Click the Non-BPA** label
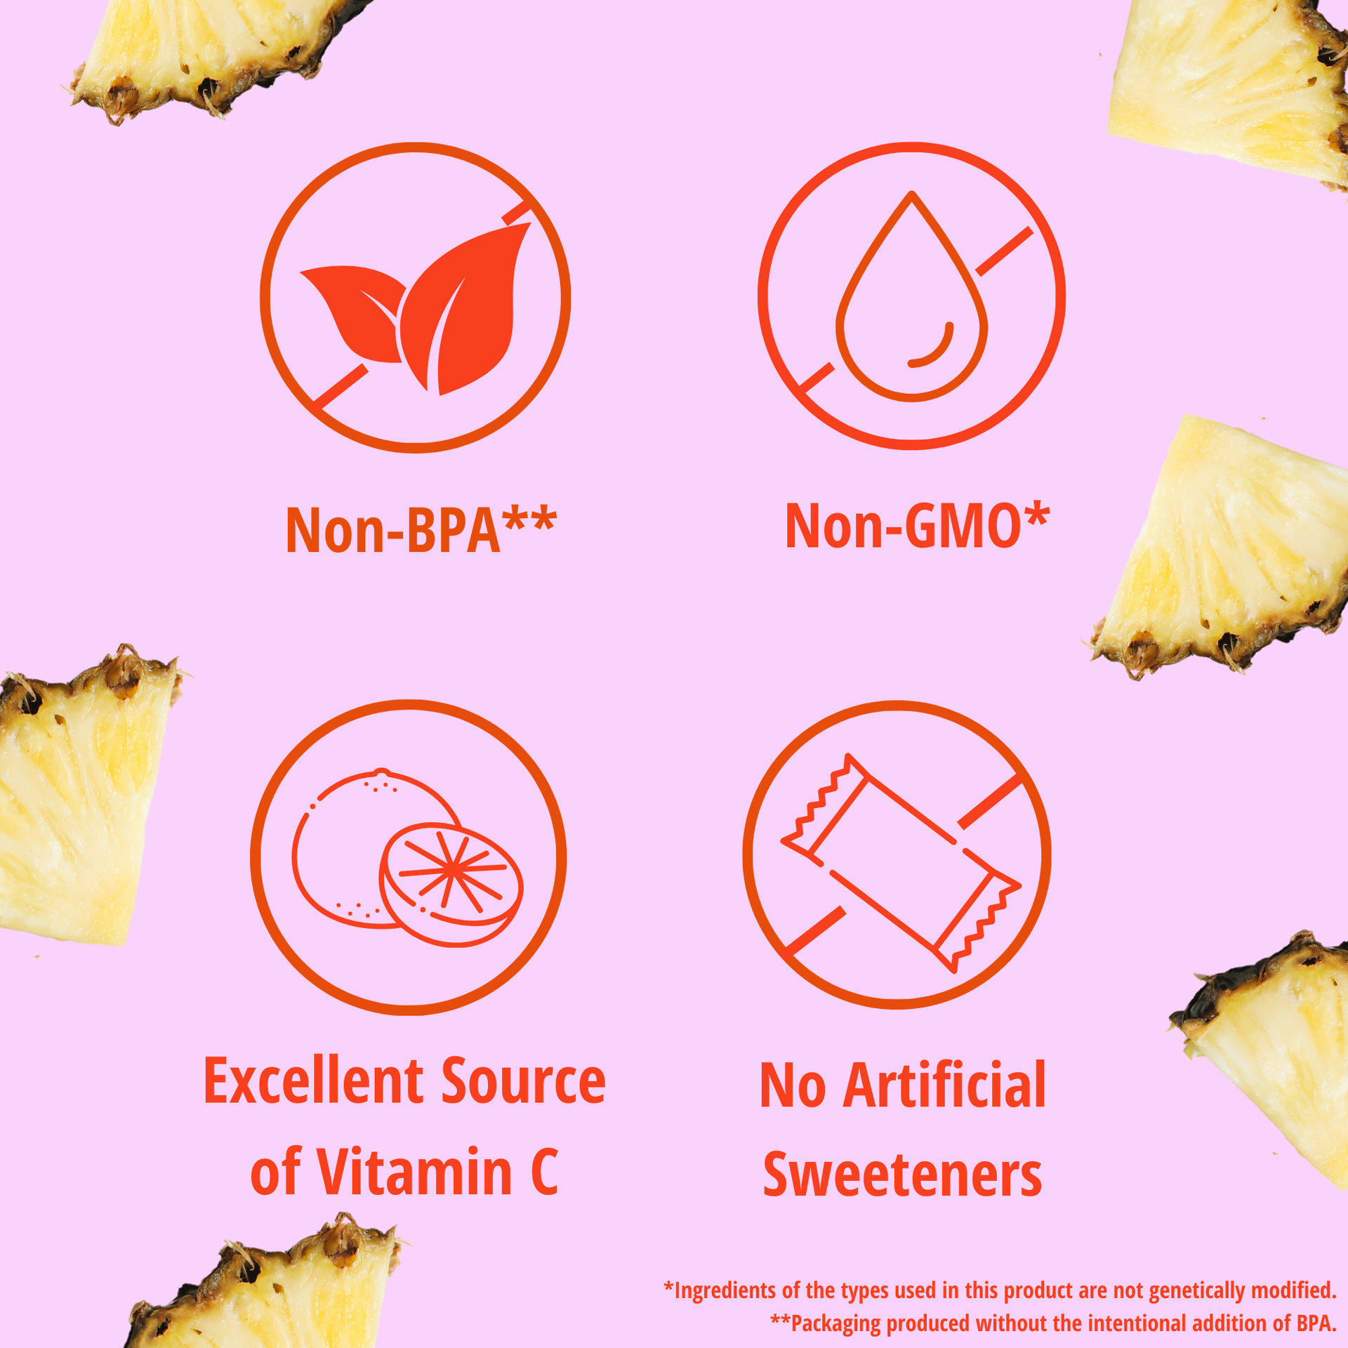(x=421, y=529)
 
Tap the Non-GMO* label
(x=917, y=525)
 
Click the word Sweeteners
(x=903, y=1175)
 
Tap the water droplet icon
(x=911, y=296)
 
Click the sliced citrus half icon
(x=451, y=884)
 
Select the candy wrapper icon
(x=901, y=862)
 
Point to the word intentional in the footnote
(x=1139, y=1323)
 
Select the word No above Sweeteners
(x=793, y=1085)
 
